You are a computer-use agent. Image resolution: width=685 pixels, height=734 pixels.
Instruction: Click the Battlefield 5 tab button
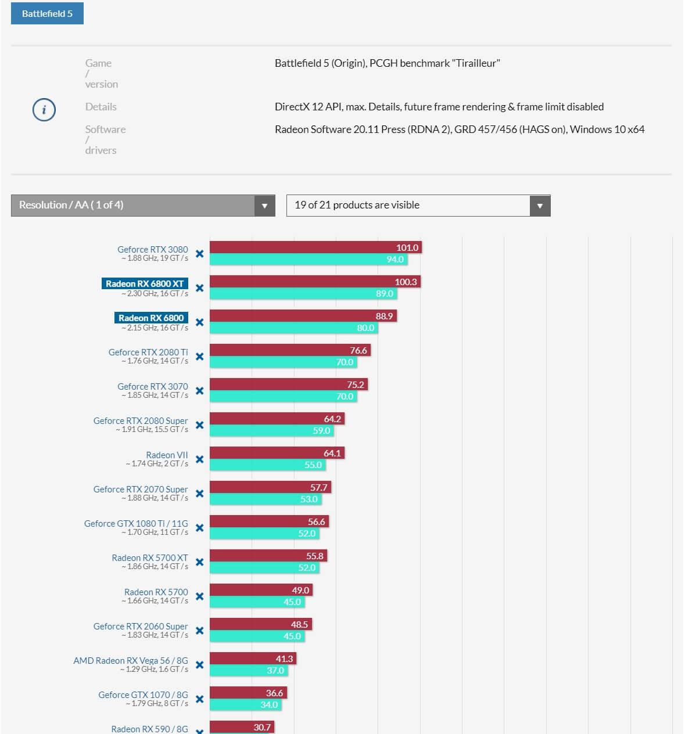click(x=47, y=13)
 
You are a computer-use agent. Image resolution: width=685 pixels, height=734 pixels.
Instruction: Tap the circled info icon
click(x=44, y=110)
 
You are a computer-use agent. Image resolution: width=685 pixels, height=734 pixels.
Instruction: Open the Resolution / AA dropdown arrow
click(x=264, y=206)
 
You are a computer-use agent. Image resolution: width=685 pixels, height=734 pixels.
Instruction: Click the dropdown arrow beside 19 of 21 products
click(x=540, y=206)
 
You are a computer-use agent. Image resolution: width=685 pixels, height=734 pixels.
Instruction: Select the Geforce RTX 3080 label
click(x=153, y=250)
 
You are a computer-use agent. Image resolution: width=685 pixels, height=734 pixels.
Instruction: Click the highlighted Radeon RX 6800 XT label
click(x=145, y=284)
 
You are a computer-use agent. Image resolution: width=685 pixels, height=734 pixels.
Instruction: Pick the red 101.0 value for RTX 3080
click(x=407, y=248)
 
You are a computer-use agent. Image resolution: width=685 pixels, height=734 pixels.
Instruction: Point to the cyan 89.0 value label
click(x=385, y=294)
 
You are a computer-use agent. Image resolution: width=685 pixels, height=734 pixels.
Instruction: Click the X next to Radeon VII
click(x=200, y=459)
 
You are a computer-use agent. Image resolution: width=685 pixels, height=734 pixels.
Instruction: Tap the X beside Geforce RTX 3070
click(x=200, y=391)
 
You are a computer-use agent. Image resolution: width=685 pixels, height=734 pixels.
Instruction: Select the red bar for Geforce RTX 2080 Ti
click(x=279, y=350)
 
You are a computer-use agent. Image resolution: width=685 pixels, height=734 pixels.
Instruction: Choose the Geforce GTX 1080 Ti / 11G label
click(x=136, y=524)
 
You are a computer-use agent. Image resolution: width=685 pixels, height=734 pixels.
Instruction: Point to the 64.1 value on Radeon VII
click(x=332, y=454)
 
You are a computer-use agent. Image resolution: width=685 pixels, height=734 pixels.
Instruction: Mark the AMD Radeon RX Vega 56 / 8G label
click(x=131, y=661)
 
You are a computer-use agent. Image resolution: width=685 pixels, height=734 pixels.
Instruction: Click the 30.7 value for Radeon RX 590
click(x=262, y=728)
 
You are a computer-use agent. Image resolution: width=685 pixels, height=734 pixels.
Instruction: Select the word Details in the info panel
click(x=101, y=107)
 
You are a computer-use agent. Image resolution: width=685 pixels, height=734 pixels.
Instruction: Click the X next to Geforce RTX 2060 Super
click(x=200, y=631)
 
